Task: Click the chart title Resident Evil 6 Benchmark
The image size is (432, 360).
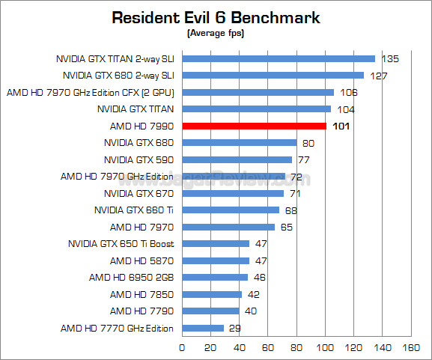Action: (x=216, y=17)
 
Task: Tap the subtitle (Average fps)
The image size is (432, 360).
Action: (x=216, y=33)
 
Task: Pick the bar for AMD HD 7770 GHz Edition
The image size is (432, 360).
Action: (x=203, y=328)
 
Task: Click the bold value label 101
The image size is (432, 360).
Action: (x=341, y=126)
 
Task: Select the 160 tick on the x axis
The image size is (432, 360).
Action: (x=411, y=348)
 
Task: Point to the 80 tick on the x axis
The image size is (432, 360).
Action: (x=296, y=348)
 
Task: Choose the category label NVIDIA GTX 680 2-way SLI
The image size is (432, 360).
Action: (x=118, y=75)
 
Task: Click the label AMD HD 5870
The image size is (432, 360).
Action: (x=142, y=260)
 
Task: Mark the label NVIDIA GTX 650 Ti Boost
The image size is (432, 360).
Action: (x=121, y=243)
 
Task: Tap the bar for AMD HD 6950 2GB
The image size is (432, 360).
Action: (x=215, y=277)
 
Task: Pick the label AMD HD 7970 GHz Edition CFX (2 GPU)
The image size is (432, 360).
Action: (x=90, y=92)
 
